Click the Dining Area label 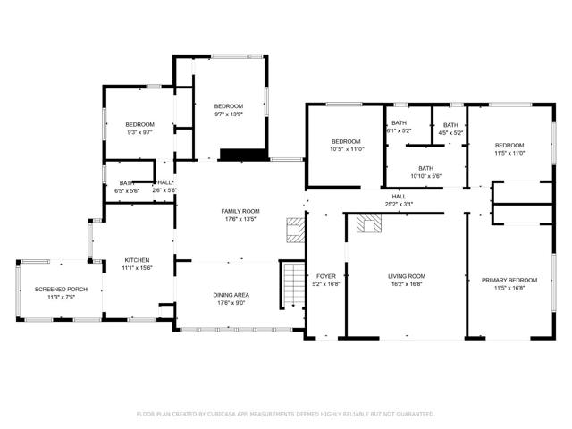click(x=231, y=295)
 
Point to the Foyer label click(x=326, y=276)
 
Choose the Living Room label click(x=406, y=276)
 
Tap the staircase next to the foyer click(x=293, y=284)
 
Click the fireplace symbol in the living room click(x=367, y=223)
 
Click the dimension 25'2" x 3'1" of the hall click(x=399, y=205)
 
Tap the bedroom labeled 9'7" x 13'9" click(x=229, y=106)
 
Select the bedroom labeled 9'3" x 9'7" click(x=139, y=124)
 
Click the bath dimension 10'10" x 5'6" click(x=425, y=176)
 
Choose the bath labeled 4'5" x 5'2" click(x=450, y=125)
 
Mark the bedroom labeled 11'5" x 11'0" click(x=509, y=145)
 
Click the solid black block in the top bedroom click(x=244, y=155)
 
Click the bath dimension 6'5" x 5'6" click(x=126, y=190)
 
